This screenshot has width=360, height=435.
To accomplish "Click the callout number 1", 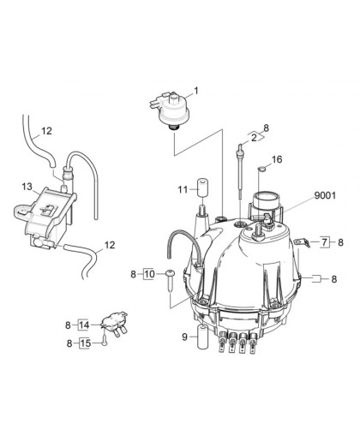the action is (196, 91).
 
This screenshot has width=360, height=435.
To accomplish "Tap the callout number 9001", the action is (325, 195).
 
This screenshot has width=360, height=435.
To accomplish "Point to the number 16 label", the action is (277, 159).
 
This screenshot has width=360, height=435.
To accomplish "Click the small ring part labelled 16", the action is (261, 170).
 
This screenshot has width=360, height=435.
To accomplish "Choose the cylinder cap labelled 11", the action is (202, 188).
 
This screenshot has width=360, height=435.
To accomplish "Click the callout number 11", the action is (183, 189).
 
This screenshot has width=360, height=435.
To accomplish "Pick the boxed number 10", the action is (149, 274).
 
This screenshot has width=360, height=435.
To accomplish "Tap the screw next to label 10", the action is (170, 281).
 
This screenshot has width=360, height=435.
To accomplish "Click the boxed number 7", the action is (324, 242).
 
